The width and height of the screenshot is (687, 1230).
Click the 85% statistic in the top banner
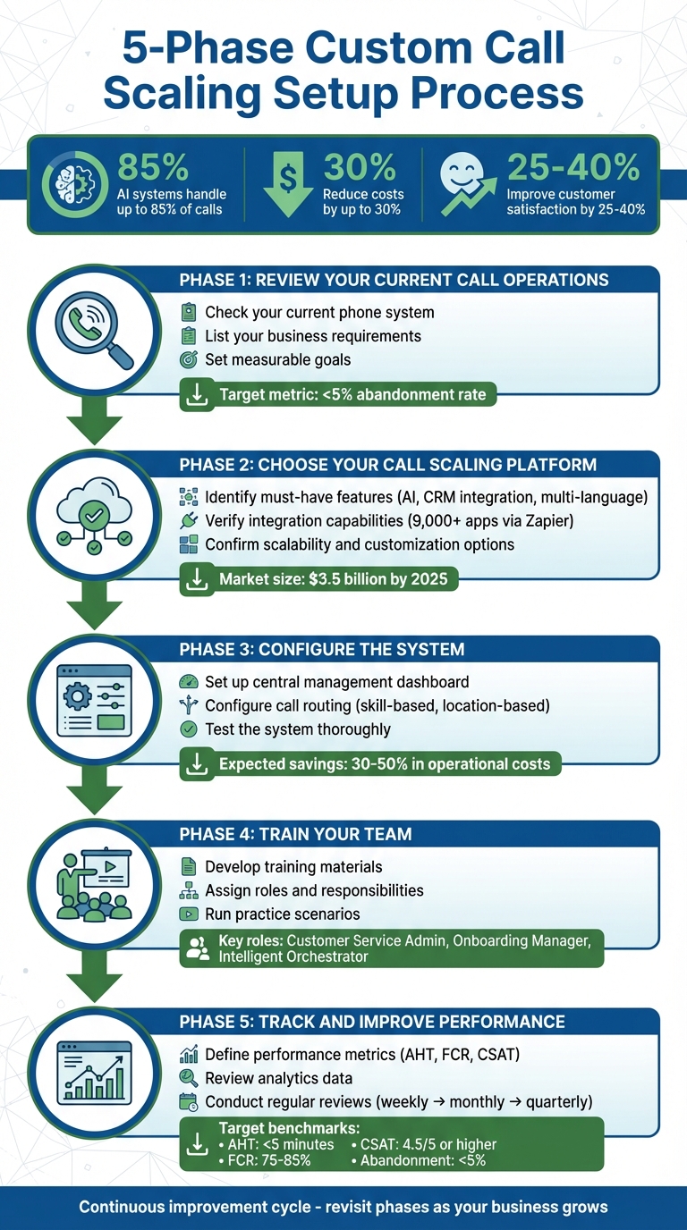click(x=153, y=166)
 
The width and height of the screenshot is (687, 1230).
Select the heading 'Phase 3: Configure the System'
click(x=322, y=649)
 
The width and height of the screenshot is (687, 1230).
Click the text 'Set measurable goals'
click(x=277, y=360)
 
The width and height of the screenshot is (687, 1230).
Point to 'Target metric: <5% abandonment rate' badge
click(x=338, y=395)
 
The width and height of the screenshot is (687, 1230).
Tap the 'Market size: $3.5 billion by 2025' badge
click(x=319, y=580)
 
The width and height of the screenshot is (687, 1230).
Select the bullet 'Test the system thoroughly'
click(x=297, y=729)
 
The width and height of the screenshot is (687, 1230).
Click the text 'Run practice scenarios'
click(x=282, y=914)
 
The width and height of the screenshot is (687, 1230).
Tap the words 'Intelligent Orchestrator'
click(x=293, y=956)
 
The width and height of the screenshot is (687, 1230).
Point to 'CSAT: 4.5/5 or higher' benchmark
click(x=427, y=1144)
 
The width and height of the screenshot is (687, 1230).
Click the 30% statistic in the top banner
click(x=360, y=166)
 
